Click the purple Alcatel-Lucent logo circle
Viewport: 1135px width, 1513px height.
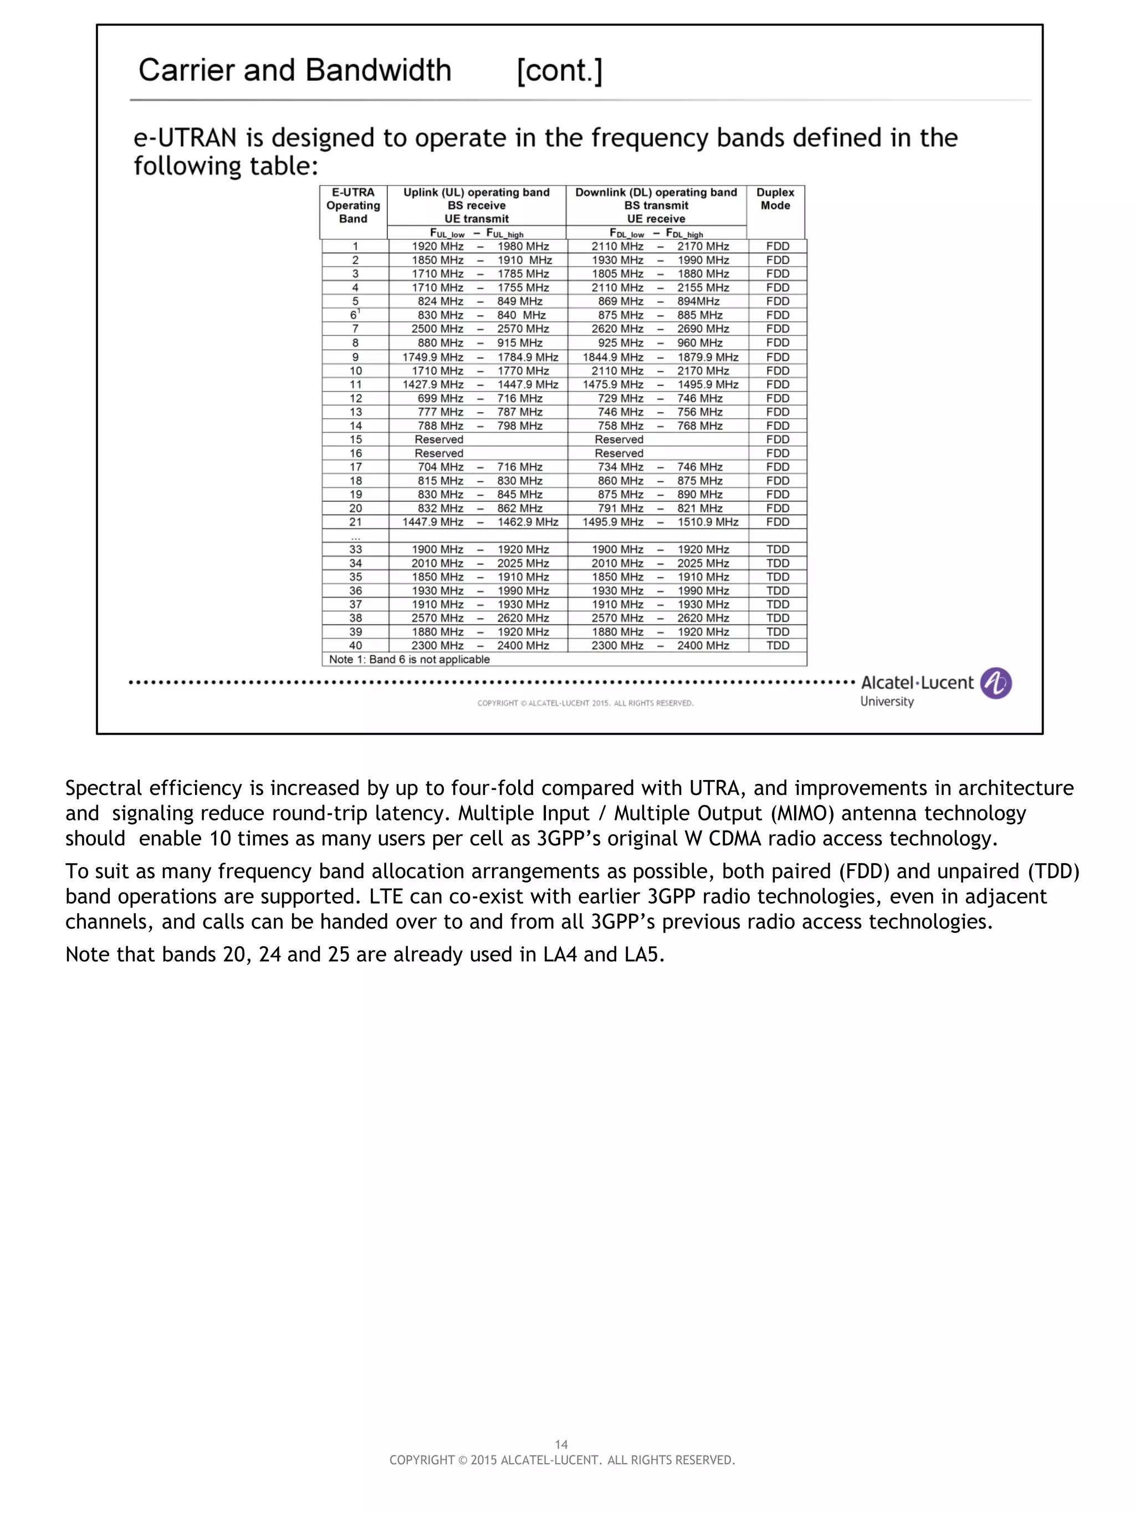pyautogui.click(x=995, y=683)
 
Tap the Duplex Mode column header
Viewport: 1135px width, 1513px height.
pyautogui.click(x=775, y=199)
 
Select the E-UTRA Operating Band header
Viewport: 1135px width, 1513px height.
pyautogui.click(x=353, y=205)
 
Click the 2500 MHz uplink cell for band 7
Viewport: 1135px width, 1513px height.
pyautogui.click(x=437, y=329)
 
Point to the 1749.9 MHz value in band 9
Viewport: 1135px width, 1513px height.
pyautogui.click(x=432, y=357)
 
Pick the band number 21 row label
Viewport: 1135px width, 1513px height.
pyautogui.click(x=356, y=522)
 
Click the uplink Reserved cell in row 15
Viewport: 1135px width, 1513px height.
pyautogui.click(x=438, y=439)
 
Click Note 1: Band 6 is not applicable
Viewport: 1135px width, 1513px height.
pyautogui.click(x=409, y=659)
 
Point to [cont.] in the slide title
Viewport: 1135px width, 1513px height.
pyautogui.click(x=559, y=70)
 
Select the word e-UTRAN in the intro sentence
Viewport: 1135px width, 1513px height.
pyautogui.click(x=185, y=138)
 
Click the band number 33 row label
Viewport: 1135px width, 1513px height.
pyautogui.click(x=356, y=549)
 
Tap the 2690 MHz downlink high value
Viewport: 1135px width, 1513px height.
pyautogui.click(x=703, y=329)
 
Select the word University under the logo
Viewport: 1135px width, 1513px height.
pyautogui.click(x=887, y=702)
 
